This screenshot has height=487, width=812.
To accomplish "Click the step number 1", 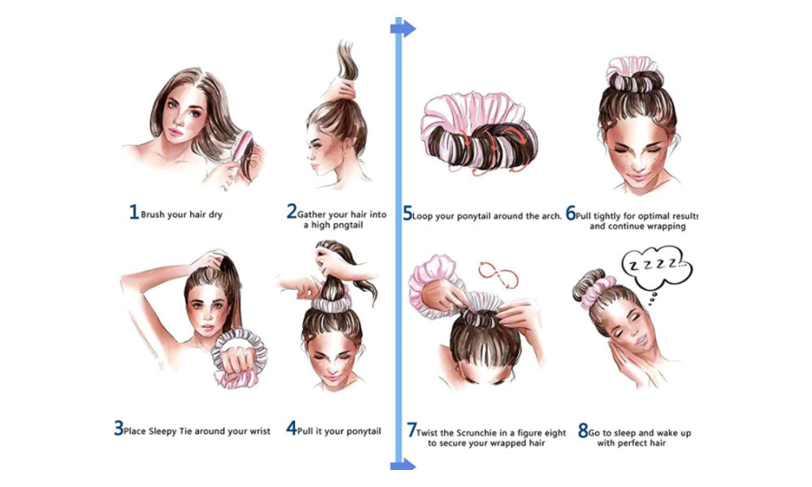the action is (134, 212).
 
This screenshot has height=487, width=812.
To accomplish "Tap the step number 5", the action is (408, 213).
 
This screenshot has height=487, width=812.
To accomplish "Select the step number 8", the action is (583, 430).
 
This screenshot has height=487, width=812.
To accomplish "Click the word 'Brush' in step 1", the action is (153, 214).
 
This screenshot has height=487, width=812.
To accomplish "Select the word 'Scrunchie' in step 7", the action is (477, 433).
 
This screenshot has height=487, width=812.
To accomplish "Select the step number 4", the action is (292, 429).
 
